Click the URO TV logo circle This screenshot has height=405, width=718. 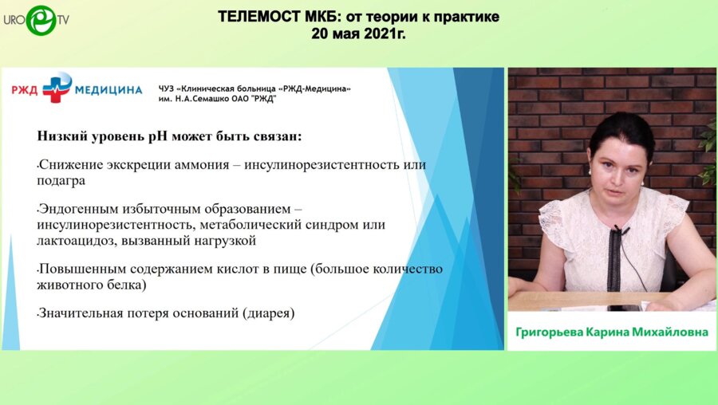(40, 20)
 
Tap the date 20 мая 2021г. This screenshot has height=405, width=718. (358, 34)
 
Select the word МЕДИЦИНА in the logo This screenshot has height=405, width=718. (108, 90)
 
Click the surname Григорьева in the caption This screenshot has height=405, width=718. (552, 331)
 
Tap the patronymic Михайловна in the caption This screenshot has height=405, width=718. (669, 331)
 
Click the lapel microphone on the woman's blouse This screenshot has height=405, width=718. (617, 232)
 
